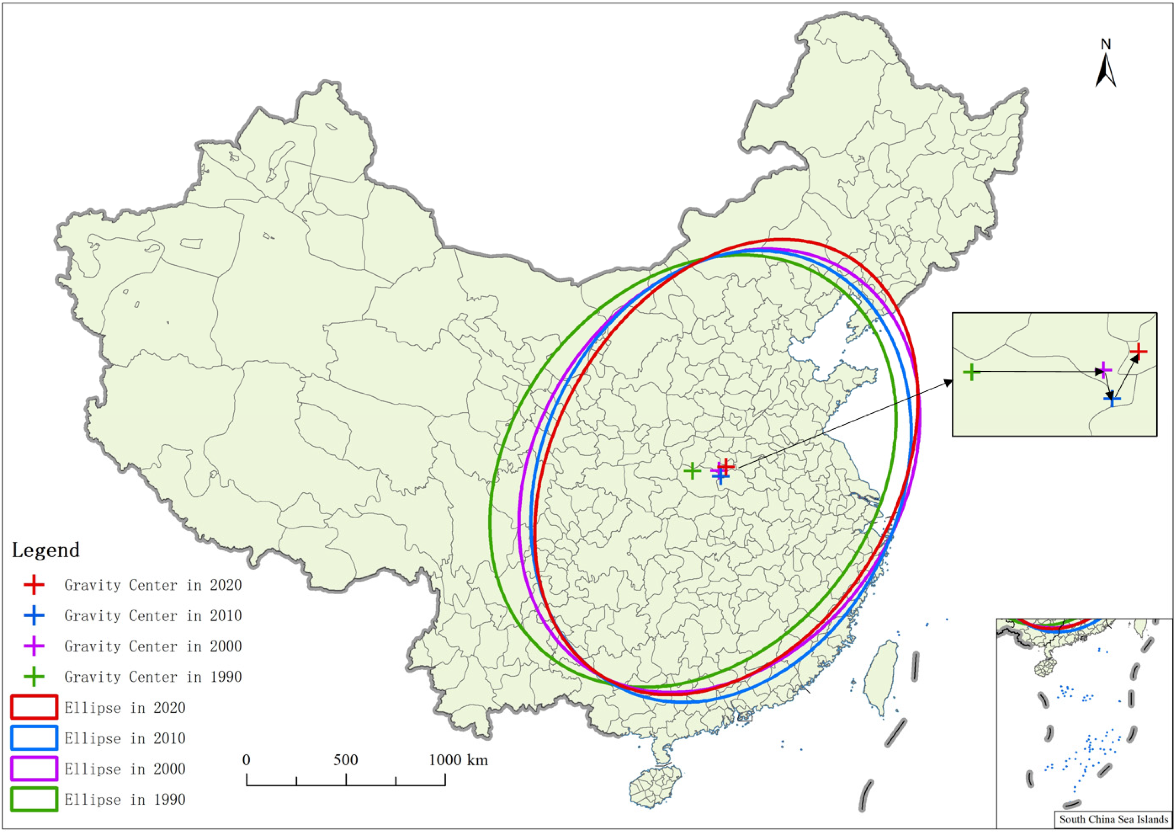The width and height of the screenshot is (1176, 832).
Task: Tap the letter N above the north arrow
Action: tap(1106, 45)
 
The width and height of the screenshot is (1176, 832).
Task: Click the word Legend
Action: tap(46, 550)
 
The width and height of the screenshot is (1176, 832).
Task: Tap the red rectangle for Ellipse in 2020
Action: tap(34, 707)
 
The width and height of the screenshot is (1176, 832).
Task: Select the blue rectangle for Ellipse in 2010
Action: tap(34, 738)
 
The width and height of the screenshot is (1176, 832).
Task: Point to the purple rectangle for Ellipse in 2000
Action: tap(34, 769)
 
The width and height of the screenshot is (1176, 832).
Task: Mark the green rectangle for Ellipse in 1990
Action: tap(34, 800)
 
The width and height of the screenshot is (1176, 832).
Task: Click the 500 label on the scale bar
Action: tap(346, 760)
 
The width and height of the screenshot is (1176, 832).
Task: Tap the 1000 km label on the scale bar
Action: tap(459, 760)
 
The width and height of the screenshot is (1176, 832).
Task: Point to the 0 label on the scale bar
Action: tap(246, 760)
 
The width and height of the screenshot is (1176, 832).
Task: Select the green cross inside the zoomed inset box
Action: tap(971, 372)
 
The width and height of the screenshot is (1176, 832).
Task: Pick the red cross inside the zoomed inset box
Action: tap(1138, 352)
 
